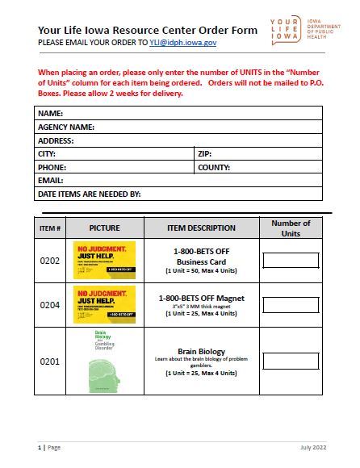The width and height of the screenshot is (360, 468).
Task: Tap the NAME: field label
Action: (50, 114)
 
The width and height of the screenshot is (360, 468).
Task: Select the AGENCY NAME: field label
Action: (66, 127)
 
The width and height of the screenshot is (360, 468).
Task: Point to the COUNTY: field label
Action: (214, 167)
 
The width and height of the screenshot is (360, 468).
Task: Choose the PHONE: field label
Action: (52, 167)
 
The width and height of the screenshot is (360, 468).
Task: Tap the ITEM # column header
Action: (50, 228)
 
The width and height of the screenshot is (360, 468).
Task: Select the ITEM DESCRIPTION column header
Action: (201, 228)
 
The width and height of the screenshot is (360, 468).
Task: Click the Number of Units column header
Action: (291, 228)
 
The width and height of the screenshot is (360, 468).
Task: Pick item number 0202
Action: (50, 261)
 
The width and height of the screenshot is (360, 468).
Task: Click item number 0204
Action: (50, 304)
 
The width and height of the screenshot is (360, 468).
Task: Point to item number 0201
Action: (50, 361)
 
